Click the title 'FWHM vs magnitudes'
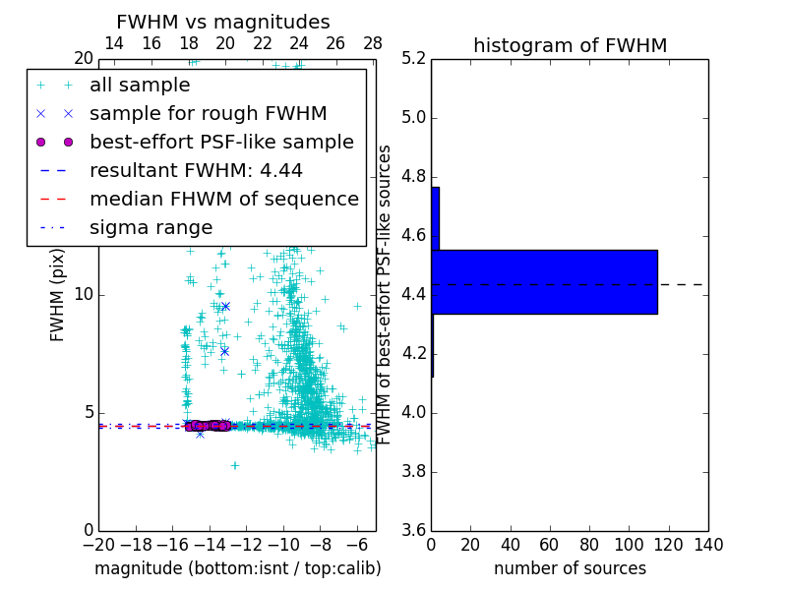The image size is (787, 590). tap(223, 22)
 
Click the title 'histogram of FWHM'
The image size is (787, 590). tap(570, 45)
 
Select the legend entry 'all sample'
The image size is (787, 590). tap(140, 86)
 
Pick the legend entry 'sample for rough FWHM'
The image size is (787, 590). tap(208, 113)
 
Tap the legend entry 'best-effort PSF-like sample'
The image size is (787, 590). tap(221, 142)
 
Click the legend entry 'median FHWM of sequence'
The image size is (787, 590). tap(223, 199)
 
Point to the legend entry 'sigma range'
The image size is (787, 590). tap(151, 227)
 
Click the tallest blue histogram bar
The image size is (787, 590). tap(544, 282)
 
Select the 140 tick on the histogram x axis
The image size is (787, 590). tap(708, 544)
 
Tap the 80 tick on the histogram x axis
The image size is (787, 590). tap(589, 544)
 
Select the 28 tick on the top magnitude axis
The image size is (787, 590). tap(373, 44)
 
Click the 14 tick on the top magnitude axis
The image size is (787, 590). tap(114, 44)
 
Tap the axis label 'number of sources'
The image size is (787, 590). tap(570, 568)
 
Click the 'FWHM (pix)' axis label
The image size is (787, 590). tap(58, 295)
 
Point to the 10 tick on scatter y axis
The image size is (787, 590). tap(83, 295)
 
